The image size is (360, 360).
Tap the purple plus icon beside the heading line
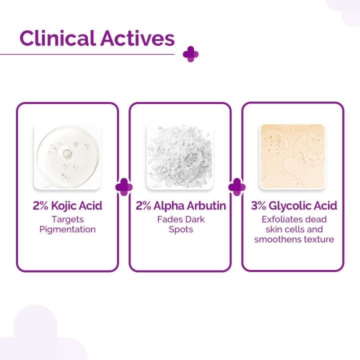(190, 54)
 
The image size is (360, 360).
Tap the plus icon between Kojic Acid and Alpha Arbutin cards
(123, 187)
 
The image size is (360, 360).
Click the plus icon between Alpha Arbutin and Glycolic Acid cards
(236, 187)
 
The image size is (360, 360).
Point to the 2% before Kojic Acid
(41, 206)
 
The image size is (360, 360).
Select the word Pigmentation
(67, 229)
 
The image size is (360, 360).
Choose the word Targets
(67, 219)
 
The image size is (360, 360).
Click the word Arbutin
(207, 206)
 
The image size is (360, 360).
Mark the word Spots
(180, 229)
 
